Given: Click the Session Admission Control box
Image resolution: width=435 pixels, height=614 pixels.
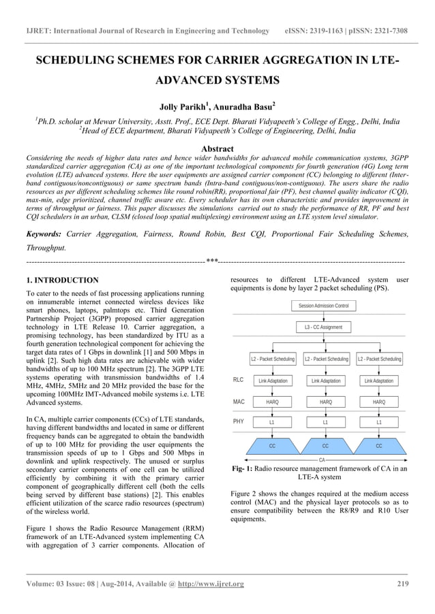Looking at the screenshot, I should [x=323, y=306].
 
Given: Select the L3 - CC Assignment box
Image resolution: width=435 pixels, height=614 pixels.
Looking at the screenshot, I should [x=323, y=327].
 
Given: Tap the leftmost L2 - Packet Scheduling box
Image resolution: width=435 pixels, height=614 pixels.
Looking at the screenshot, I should [x=273, y=359].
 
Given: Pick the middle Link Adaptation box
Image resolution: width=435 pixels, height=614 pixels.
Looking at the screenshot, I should [x=325, y=381].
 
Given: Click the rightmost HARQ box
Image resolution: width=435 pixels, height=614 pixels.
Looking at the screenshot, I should [x=378, y=402].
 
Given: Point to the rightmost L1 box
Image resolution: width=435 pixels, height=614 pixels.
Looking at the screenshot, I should [x=378, y=423].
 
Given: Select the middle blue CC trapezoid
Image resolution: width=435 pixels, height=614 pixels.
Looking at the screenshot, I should [x=325, y=446].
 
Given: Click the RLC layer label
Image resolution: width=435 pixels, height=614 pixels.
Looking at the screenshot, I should [x=239, y=381].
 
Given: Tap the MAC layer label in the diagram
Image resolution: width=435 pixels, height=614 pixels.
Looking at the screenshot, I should [x=239, y=402].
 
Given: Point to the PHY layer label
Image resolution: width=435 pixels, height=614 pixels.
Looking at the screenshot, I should [x=239, y=422].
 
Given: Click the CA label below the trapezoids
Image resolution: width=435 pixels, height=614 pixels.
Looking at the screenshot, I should [x=322, y=460].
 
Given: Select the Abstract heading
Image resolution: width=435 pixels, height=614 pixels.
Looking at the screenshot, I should [x=217, y=148].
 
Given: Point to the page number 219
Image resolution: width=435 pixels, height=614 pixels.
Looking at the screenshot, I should [x=402, y=584].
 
